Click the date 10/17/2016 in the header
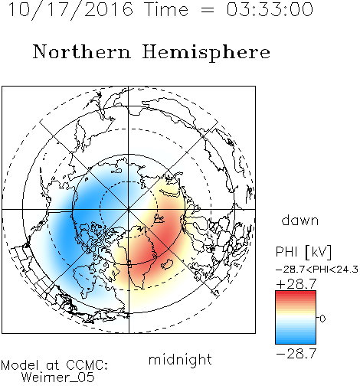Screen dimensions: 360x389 click(x=70, y=10)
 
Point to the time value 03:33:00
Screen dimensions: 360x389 click(x=270, y=9)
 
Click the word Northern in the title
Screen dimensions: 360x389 click(x=82, y=52)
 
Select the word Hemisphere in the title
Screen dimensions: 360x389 click(x=206, y=53)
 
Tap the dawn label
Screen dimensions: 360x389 click(x=300, y=221)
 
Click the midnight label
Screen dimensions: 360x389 click(x=180, y=359)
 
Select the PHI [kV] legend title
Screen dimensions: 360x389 click(x=303, y=252)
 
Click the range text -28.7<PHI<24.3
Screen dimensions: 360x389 click(x=317, y=270)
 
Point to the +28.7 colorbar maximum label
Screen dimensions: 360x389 click(x=296, y=284)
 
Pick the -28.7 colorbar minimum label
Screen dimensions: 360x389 click(x=296, y=354)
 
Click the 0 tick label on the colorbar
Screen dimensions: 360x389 click(x=322, y=319)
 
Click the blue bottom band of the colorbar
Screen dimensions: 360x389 click(x=296, y=340)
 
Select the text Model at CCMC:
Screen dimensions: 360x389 click(x=54, y=365)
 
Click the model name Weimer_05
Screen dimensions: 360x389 click(x=58, y=378)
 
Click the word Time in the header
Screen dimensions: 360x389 click(x=166, y=9)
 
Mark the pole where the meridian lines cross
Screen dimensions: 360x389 click(x=129, y=209)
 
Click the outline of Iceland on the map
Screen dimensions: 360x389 click(x=168, y=264)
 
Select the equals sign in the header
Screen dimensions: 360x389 click(x=208, y=10)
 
